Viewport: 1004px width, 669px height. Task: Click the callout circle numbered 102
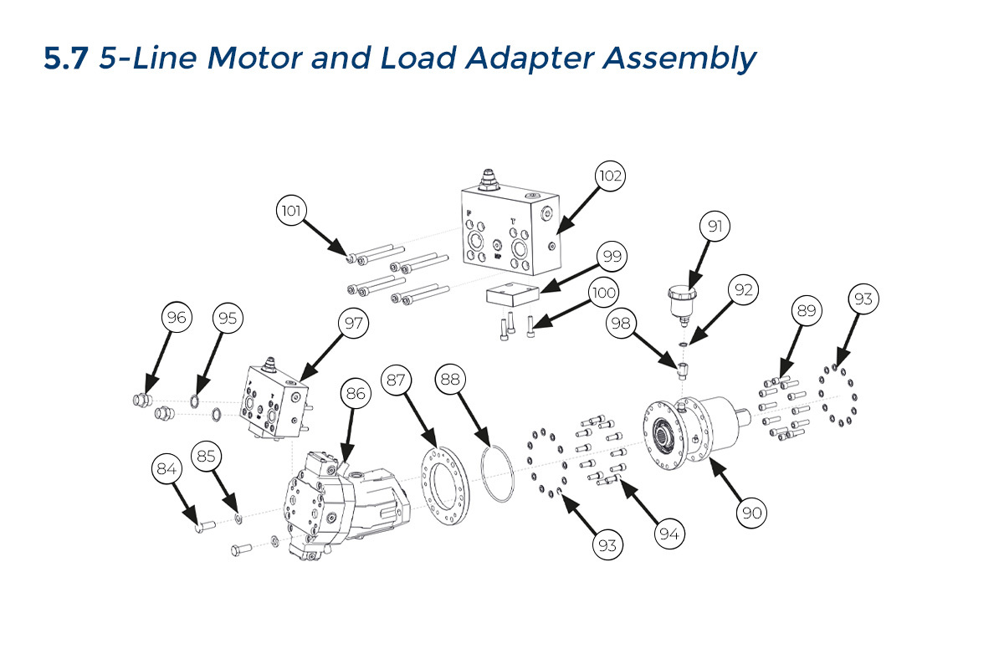pyautogui.click(x=611, y=176)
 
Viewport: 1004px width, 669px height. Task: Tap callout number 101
pyautogui.click(x=292, y=210)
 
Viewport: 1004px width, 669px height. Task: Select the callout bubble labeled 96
pyautogui.click(x=177, y=318)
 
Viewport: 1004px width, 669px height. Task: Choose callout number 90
pyautogui.click(x=752, y=513)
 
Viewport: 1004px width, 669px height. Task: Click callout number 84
pyautogui.click(x=167, y=469)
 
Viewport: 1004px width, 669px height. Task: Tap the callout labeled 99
pyautogui.click(x=612, y=257)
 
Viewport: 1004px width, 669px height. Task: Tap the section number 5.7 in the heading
pyautogui.click(x=66, y=59)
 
